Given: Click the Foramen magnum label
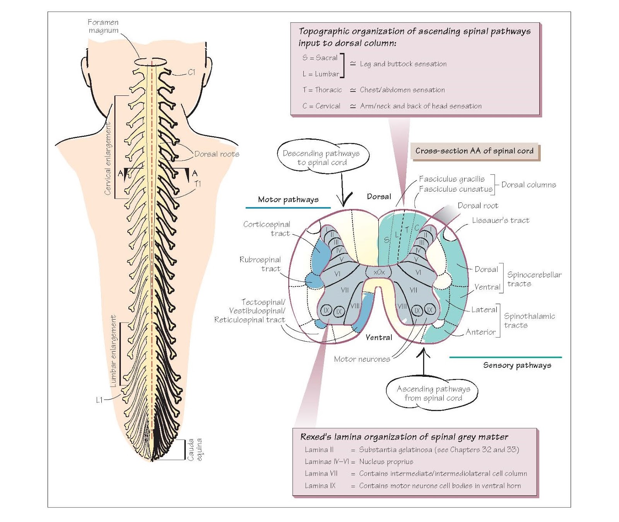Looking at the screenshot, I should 103,26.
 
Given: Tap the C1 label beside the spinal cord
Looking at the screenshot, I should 192,72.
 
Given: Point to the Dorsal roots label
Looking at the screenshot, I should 217,154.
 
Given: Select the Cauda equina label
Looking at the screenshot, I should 194,449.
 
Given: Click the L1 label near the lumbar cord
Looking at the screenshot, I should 99,400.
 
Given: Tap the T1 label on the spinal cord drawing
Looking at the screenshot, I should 198,184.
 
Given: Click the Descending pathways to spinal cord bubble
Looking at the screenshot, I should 322,158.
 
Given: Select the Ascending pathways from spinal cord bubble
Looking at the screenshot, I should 433,393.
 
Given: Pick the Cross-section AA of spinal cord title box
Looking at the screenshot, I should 474,151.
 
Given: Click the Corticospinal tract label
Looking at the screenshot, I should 267,229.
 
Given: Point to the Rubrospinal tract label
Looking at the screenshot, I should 260,264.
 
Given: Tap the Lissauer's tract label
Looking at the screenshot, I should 501,220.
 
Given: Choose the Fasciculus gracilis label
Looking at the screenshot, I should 452,179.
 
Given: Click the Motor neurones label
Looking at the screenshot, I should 362,359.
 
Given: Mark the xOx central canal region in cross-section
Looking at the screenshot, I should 379,272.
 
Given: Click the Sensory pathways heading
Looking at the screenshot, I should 517,365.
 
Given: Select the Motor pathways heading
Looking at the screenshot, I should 288,199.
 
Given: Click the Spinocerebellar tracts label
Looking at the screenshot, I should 534,279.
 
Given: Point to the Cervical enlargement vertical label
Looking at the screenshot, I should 108,158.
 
